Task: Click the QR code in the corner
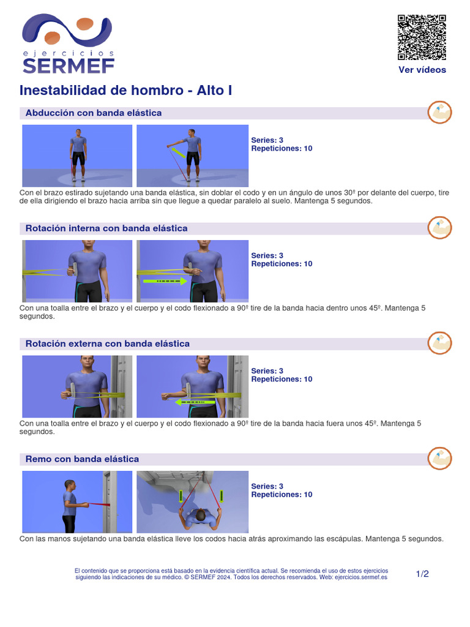422,37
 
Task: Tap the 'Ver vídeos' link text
422,70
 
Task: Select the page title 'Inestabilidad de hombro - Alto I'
125,91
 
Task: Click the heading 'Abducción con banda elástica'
94,113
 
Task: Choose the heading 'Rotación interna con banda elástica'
106,228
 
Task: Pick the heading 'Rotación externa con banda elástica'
108,344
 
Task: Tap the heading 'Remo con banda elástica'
82,459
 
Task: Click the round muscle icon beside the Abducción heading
439,112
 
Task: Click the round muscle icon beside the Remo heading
439,458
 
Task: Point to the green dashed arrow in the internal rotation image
165,281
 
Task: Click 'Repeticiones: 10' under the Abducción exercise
282,149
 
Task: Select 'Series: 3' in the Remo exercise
267,487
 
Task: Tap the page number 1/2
422,574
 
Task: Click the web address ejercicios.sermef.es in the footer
362,577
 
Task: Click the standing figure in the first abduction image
78,156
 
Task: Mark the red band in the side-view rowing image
98,504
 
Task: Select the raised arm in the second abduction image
176,145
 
